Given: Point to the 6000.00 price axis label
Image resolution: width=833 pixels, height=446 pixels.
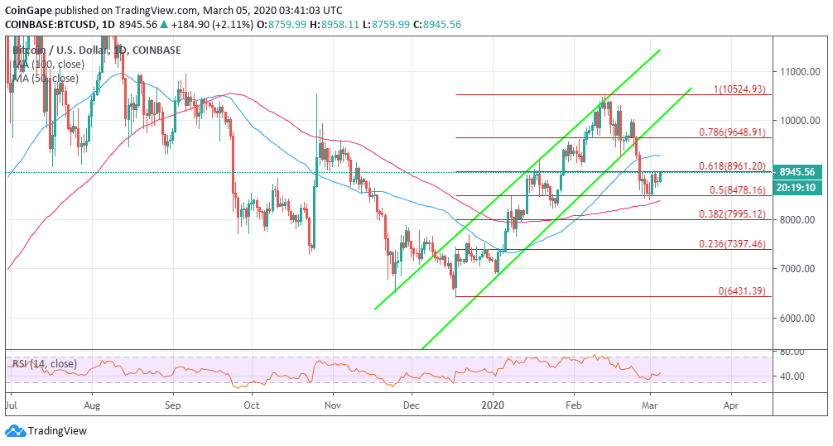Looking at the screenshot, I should click(x=801, y=319).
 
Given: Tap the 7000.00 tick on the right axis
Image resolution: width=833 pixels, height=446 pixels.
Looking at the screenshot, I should click(x=801, y=270).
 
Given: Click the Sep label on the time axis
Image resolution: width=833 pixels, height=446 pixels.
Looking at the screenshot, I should click(x=172, y=406).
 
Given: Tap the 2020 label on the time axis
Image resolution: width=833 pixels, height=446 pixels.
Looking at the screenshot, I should click(x=494, y=406).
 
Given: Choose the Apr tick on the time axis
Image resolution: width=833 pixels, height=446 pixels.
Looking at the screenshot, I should click(x=730, y=406).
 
